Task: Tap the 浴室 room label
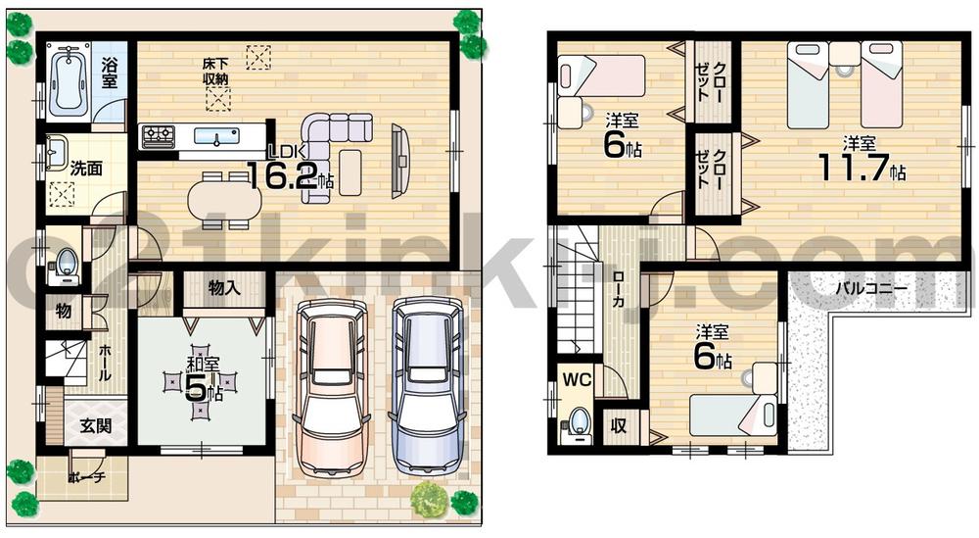(x=111, y=74)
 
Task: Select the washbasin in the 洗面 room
(x=56, y=153)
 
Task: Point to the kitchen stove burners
(x=157, y=134)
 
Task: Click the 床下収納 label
(x=216, y=71)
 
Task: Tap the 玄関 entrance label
(x=96, y=426)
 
